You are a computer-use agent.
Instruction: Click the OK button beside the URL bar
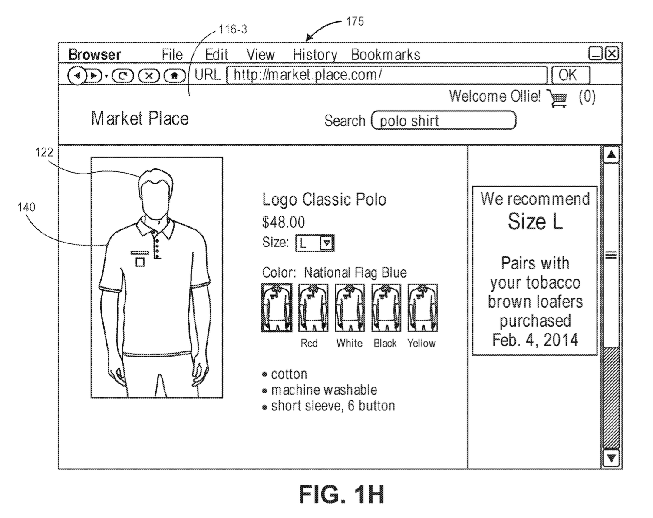click(570, 75)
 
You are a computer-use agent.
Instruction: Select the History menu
click(315, 55)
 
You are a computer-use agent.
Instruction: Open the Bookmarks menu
click(385, 55)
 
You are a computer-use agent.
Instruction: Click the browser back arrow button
click(77, 76)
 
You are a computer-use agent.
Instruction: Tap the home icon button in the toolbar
click(175, 76)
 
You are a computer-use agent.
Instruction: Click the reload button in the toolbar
click(123, 76)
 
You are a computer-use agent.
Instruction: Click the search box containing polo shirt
click(444, 121)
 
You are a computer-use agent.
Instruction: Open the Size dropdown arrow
click(326, 243)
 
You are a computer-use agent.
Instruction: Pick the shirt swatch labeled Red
click(313, 308)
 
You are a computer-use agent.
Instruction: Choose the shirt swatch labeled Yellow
click(422, 308)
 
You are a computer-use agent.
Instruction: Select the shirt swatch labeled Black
click(386, 308)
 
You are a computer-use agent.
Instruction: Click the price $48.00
click(284, 222)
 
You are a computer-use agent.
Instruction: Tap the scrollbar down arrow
click(611, 458)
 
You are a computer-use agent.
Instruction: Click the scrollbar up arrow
click(611, 154)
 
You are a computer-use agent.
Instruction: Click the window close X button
click(612, 54)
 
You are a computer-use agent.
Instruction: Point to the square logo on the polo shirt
click(140, 262)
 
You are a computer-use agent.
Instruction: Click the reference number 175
click(355, 21)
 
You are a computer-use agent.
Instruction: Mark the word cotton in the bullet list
click(289, 374)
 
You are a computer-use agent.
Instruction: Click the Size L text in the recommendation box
click(535, 222)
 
